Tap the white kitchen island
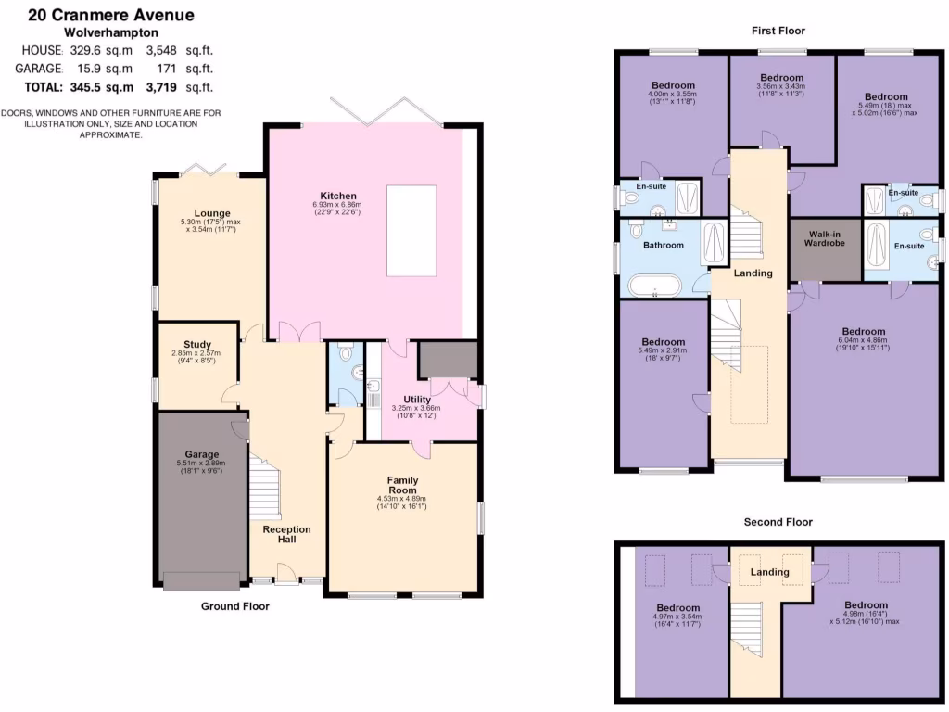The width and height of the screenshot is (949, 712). tap(411, 230)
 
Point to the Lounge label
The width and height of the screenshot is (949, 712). tap(211, 213)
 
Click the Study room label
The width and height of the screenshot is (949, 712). tap(197, 344)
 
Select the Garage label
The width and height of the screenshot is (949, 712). tap(201, 454)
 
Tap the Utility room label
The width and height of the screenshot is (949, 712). tap(416, 400)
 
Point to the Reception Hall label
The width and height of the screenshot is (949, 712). tap(286, 534)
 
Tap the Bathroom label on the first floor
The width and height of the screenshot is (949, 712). tap(664, 246)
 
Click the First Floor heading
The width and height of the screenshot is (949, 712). tap(778, 31)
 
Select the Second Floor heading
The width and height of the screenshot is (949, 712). tap(778, 522)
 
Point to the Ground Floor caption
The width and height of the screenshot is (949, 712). tap(235, 606)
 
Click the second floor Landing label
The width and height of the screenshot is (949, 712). tap(769, 572)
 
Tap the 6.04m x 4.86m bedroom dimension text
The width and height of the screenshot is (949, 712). tap(863, 340)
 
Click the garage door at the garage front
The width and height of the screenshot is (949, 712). tap(201, 581)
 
